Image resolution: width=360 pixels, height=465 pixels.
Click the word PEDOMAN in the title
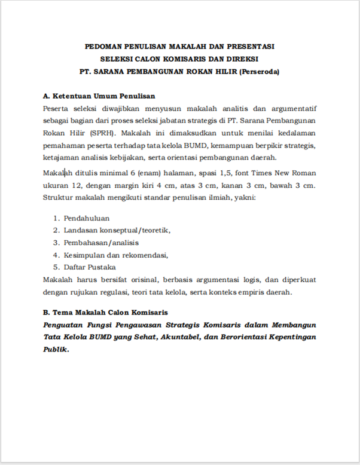click(102, 46)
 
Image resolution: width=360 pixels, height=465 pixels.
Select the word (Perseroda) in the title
click(260, 72)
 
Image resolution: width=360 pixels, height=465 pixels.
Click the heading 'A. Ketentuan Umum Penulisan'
click(99, 96)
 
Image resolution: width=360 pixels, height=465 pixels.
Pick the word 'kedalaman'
click(295, 133)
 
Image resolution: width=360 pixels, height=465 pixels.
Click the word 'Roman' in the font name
click(304, 173)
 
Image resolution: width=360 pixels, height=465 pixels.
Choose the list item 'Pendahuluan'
click(86, 218)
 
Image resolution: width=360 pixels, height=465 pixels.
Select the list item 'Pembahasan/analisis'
click(101, 243)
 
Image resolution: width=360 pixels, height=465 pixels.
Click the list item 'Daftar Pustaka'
click(90, 267)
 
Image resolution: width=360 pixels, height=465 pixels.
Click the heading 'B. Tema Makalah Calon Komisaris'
click(105, 312)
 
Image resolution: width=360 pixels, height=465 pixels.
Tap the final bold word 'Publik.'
click(56, 350)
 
